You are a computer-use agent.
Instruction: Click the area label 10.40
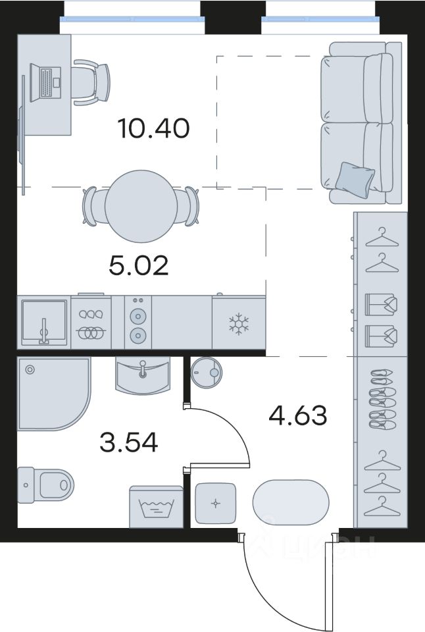153,128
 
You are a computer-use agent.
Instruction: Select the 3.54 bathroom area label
128,442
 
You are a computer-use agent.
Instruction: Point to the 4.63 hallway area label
298,415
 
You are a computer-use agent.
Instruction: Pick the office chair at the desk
91,83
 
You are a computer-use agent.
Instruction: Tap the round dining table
141,206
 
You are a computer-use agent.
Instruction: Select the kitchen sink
43,323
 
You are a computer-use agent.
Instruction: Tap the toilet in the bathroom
45,485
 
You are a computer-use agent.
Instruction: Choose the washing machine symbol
156,507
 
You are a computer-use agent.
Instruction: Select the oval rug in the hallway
291,502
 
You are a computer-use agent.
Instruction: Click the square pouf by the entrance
216,504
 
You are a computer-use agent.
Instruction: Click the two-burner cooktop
137,323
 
